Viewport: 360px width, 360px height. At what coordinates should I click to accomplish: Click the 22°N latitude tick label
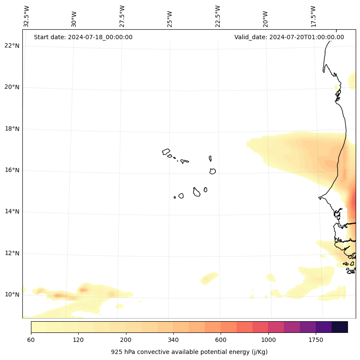12,46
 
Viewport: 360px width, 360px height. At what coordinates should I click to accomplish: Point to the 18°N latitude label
12,129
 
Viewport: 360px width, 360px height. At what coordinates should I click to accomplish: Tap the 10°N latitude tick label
12,295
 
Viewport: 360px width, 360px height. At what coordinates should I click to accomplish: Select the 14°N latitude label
12,211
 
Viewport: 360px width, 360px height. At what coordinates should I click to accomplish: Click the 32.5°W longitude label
27,16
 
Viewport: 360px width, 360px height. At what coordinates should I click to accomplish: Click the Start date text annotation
83,37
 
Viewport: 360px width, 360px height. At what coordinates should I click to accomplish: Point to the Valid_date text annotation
289,37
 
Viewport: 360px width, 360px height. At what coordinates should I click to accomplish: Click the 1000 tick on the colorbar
268,340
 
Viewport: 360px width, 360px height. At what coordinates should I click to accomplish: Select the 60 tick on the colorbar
31,340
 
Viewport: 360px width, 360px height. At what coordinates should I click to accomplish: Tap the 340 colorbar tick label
173,340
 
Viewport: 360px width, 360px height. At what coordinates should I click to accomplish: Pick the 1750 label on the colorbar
316,340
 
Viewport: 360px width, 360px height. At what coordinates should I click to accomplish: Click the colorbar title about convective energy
189,352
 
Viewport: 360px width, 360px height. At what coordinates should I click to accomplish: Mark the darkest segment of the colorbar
340,327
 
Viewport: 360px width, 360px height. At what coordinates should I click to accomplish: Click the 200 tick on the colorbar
126,340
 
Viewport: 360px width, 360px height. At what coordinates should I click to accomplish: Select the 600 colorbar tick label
221,340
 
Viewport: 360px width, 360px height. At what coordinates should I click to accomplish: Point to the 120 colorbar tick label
78,340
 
